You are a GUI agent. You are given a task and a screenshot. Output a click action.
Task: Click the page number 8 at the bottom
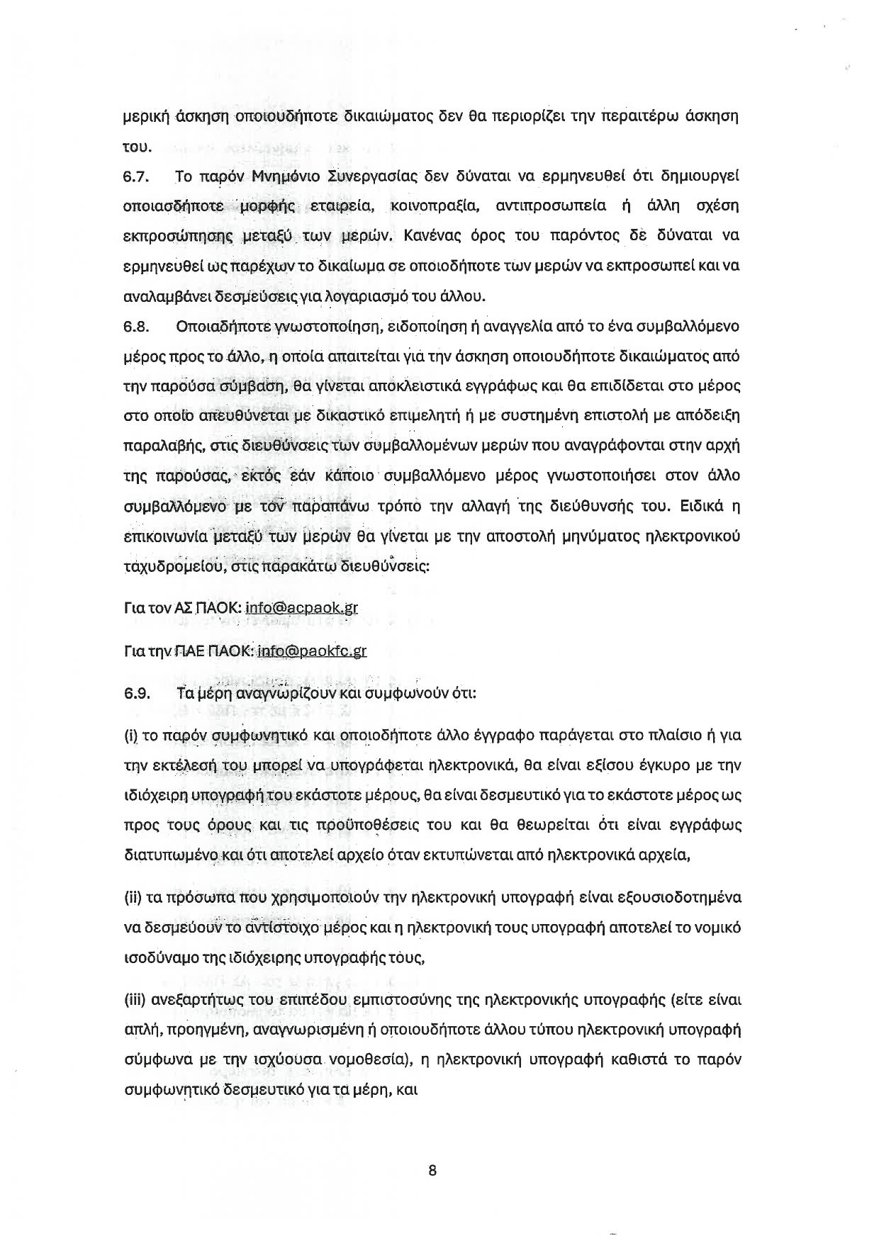(x=432, y=1171)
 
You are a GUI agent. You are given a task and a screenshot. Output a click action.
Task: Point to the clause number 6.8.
(x=135, y=327)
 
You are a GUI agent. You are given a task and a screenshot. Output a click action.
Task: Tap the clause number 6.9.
(x=135, y=694)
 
